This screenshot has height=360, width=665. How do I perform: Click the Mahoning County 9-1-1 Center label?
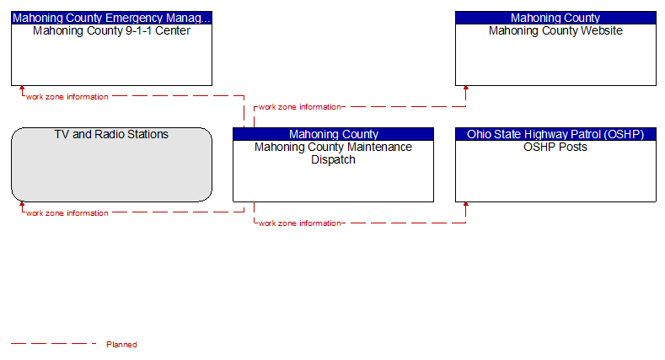[111, 30]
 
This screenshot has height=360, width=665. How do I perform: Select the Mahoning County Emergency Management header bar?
[111, 18]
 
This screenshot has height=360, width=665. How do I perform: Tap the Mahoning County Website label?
[555, 30]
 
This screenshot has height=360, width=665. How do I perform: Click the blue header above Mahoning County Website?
[555, 18]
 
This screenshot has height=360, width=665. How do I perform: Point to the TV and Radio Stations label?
[111, 134]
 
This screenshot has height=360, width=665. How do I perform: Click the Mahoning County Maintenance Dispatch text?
[334, 153]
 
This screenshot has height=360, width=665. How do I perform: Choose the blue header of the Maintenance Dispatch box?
[334, 134]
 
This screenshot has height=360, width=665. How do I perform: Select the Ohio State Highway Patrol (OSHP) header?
[555, 134]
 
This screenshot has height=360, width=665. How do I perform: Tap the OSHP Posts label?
[555, 148]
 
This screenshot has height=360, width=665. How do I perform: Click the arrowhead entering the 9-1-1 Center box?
[22, 89]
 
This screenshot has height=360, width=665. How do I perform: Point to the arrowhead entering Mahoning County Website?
[466, 89]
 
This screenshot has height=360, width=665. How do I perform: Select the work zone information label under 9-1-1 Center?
[67, 97]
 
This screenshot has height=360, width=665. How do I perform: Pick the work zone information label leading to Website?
[300, 107]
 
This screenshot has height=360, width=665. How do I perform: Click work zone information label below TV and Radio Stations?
[67, 212]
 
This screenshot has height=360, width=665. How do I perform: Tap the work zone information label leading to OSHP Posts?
[300, 223]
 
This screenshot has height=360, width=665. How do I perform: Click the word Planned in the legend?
[121, 344]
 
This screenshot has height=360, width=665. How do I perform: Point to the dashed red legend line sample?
[53, 343]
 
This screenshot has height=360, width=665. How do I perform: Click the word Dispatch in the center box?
[334, 160]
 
